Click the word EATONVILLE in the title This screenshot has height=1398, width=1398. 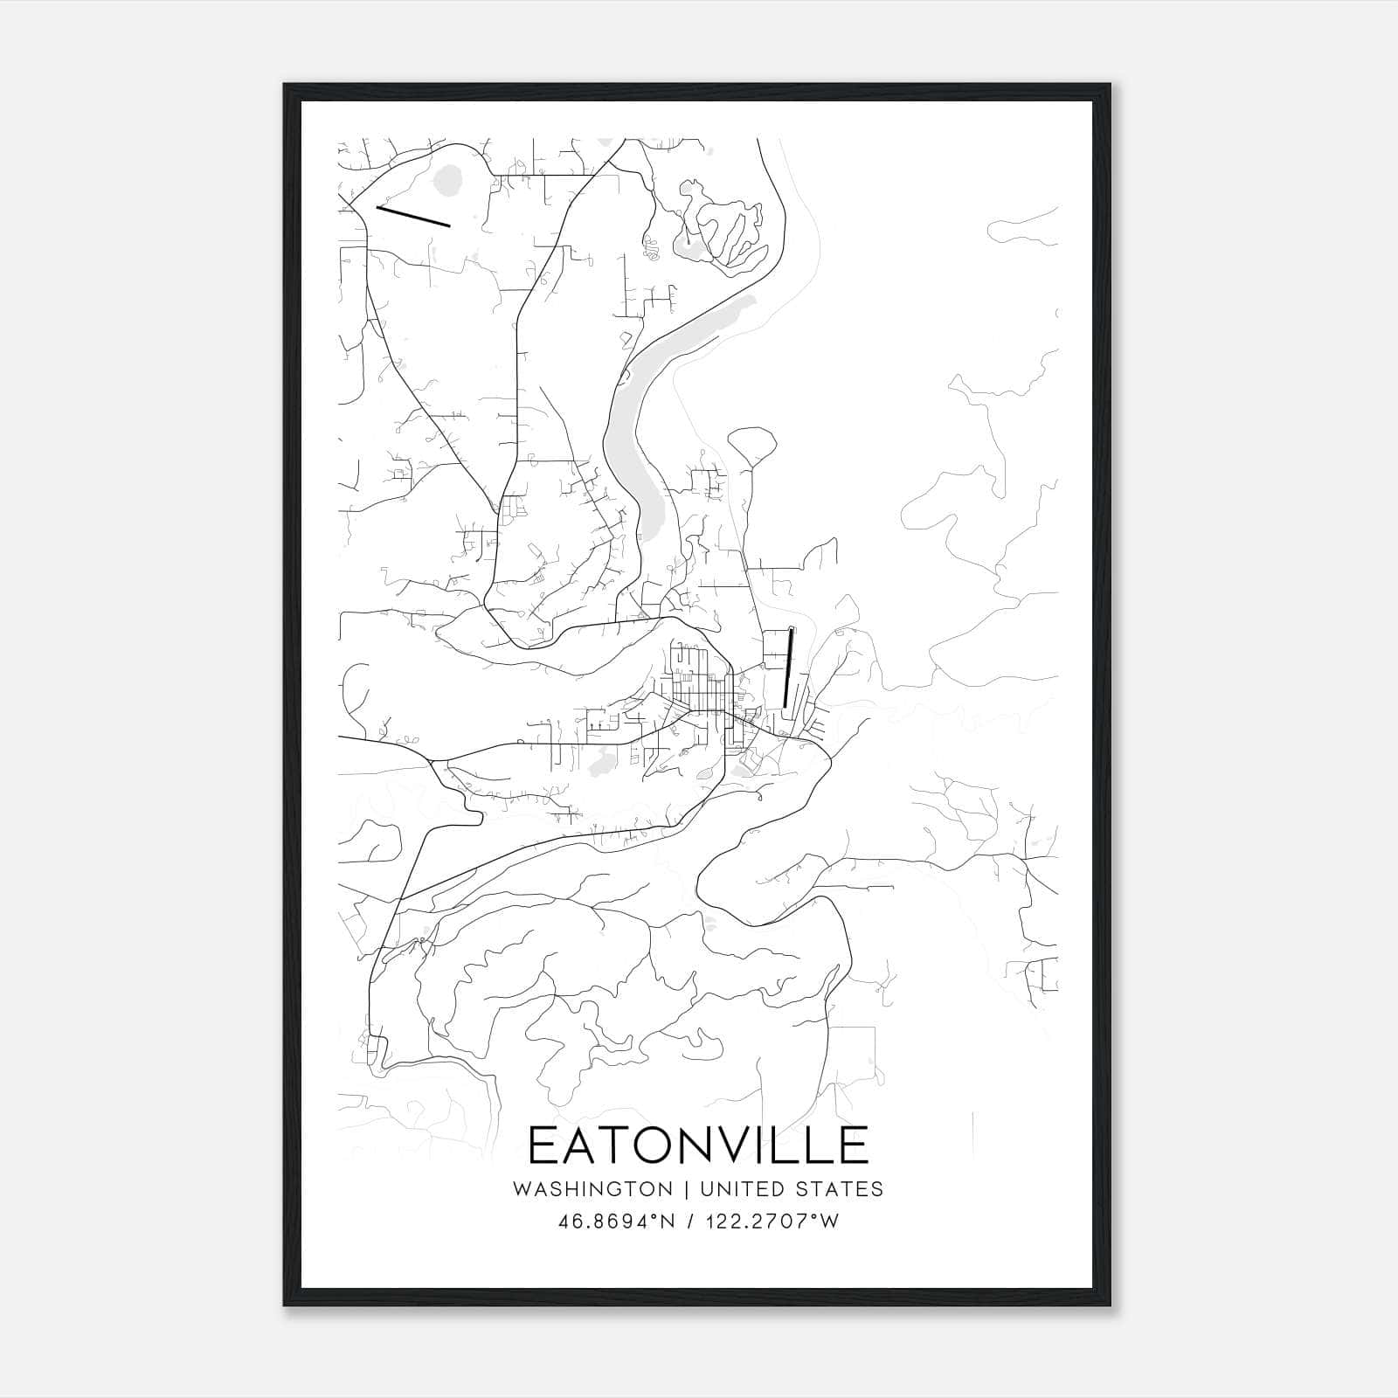pos(698,1145)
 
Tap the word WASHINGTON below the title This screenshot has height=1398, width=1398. pos(592,1189)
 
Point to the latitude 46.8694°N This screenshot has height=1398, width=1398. pos(617,1222)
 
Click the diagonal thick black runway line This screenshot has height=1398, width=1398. pos(412,216)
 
